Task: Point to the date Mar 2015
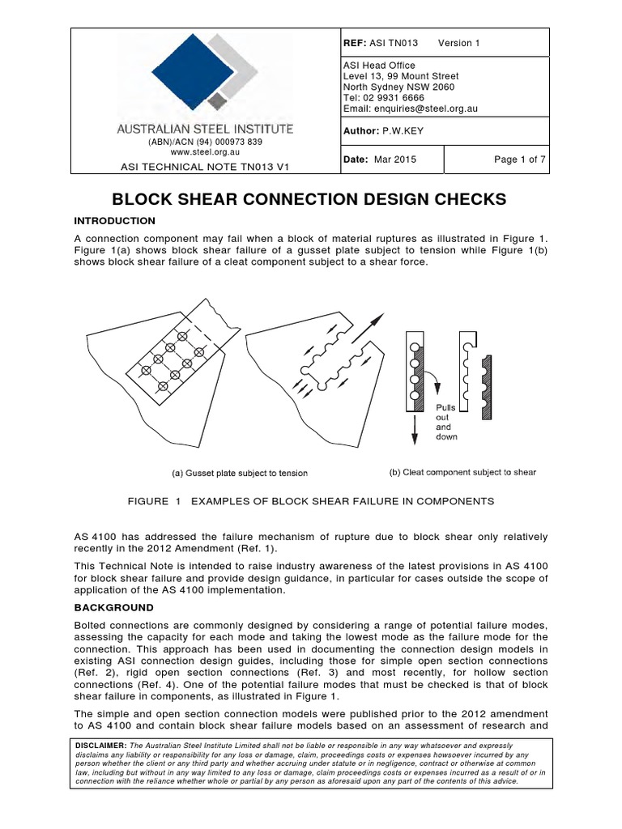(x=394, y=159)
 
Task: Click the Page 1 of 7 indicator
(x=520, y=159)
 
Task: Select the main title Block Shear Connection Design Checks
(x=310, y=199)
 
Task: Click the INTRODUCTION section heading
(x=114, y=221)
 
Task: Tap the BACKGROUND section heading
(x=113, y=607)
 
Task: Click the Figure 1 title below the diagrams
(x=310, y=501)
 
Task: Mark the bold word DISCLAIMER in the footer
(x=100, y=745)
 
